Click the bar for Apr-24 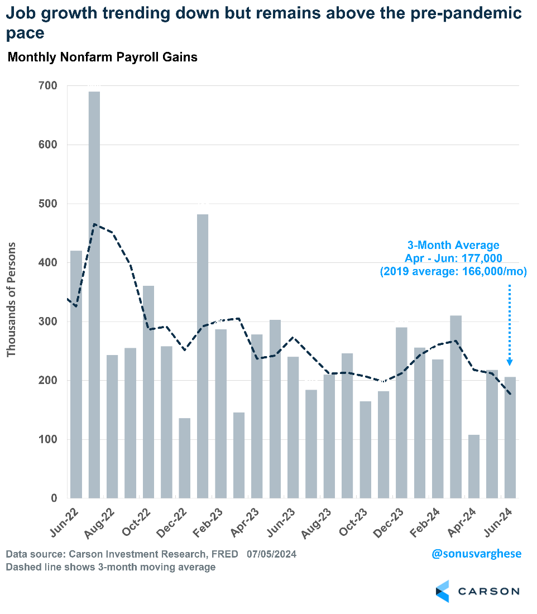click(x=474, y=466)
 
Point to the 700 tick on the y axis click(x=48, y=86)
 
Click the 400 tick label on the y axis click(x=48, y=263)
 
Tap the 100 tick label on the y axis click(x=48, y=440)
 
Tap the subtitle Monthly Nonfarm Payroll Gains click(x=102, y=57)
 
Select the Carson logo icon click(x=442, y=591)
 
